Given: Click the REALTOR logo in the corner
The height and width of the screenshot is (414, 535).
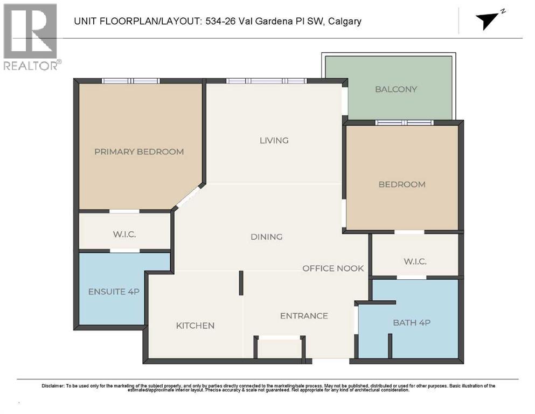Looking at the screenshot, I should click(x=31, y=37).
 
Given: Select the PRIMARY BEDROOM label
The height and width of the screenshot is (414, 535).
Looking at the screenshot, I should click(x=139, y=151).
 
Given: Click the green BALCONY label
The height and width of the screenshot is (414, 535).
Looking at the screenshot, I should click(x=396, y=89).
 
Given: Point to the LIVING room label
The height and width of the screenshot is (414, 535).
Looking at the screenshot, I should click(x=274, y=140).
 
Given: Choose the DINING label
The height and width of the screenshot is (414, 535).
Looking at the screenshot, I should click(x=266, y=237).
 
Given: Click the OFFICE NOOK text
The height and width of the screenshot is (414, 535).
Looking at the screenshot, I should click(x=333, y=268).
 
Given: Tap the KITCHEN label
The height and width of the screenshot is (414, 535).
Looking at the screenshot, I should click(x=195, y=326).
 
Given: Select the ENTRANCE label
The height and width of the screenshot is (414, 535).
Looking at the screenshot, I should click(x=304, y=315).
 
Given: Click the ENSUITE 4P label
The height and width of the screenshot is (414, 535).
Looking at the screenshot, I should click(x=114, y=292).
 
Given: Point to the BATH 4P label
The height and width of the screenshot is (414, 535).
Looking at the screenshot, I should click(x=412, y=322).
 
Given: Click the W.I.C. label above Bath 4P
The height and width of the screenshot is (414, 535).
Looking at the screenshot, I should click(x=415, y=261).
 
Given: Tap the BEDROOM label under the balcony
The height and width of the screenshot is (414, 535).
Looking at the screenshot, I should click(x=402, y=184).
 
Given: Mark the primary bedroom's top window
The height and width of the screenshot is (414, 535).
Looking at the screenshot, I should click(x=131, y=81).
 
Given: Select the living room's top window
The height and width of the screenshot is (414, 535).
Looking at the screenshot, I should click(x=266, y=81).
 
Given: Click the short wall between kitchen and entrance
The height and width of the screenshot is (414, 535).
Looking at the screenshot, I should click(x=241, y=282).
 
